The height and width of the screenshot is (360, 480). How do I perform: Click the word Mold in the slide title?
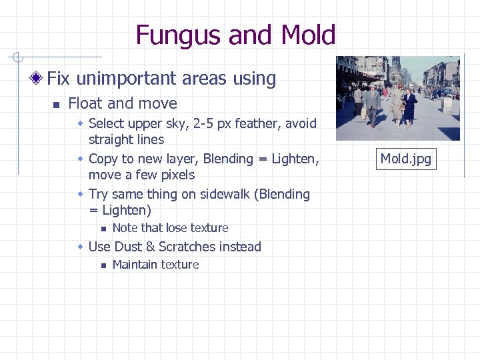click(x=308, y=35)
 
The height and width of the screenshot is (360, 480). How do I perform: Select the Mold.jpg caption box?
click(x=405, y=159)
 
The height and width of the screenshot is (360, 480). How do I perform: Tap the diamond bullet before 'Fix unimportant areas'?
click(x=37, y=79)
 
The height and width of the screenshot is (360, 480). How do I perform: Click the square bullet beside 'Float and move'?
click(x=57, y=104)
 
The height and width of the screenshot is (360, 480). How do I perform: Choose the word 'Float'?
click(x=85, y=103)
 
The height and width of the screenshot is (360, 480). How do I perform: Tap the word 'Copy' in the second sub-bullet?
click(x=103, y=159)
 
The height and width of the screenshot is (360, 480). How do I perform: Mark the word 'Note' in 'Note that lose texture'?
click(x=125, y=228)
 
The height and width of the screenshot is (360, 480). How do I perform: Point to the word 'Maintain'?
click(x=135, y=265)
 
